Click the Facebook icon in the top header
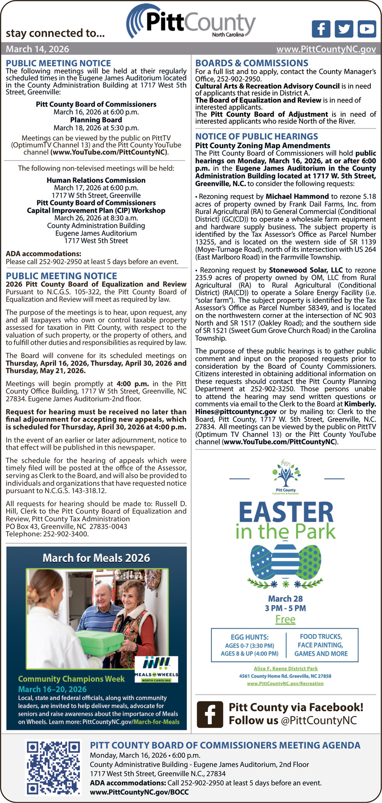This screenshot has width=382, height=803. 321,29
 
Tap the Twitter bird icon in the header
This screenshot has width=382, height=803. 344,29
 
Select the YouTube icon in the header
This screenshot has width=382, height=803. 367,29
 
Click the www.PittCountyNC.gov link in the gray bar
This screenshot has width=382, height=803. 326,49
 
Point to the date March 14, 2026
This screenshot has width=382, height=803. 37,49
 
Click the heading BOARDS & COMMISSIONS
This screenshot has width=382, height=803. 252,63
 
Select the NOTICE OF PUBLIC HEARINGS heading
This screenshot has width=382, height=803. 256,137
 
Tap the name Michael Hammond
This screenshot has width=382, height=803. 297,196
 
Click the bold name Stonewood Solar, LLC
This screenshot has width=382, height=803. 306,270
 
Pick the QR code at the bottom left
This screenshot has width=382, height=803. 53,768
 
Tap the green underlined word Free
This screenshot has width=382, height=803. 285,620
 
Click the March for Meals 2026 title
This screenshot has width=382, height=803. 96,558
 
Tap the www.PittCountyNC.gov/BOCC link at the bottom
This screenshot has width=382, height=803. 139,792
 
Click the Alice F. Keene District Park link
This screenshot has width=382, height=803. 285,668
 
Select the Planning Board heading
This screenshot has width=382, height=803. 96,120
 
